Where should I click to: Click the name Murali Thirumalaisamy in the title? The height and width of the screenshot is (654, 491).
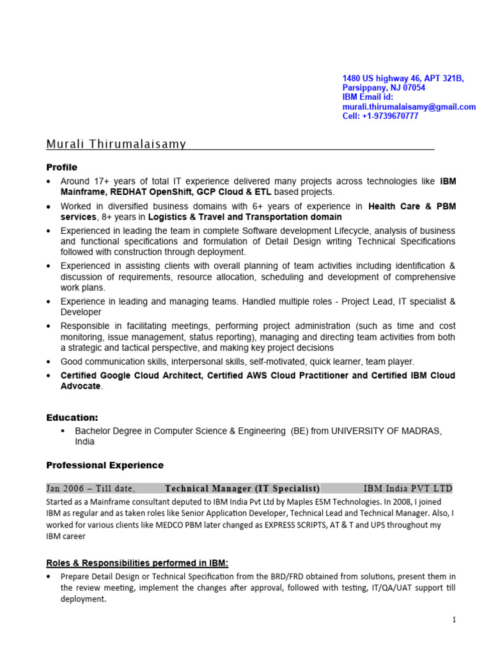pyautogui.click(x=116, y=144)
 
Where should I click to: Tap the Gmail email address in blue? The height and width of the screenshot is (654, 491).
pyautogui.click(x=409, y=107)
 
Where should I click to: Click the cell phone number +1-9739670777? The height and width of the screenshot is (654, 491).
pyautogui.click(x=389, y=116)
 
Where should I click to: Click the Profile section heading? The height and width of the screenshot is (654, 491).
pyautogui.click(x=61, y=167)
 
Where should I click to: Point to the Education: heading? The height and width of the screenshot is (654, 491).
pyautogui.click(x=72, y=418)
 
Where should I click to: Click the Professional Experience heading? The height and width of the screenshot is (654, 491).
pyautogui.click(x=105, y=465)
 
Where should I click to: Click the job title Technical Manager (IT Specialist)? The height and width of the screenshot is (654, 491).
pyautogui.click(x=242, y=489)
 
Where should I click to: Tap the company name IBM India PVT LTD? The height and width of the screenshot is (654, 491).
pyautogui.click(x=407, y=489)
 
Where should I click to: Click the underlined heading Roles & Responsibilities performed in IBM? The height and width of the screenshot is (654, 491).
pyautogui.click(x=137, y=563)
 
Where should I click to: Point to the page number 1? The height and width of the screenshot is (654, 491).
pyautogui.click(x=453, y=620)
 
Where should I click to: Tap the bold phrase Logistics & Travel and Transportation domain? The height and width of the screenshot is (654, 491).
pyautogui.click(x=245, y=217)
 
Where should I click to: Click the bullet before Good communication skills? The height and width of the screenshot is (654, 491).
pyautogui.click(x=49, y=361)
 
